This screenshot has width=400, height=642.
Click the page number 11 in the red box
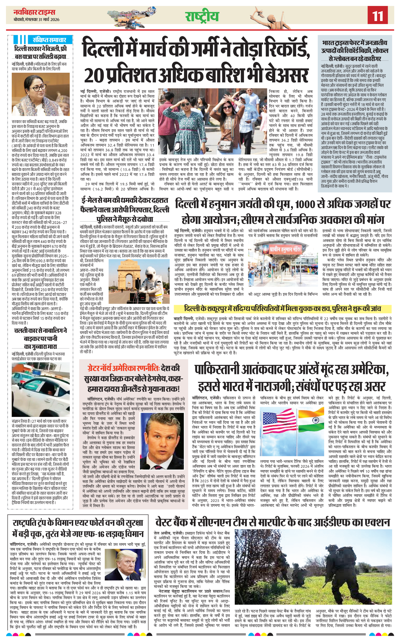[x=378, y=16]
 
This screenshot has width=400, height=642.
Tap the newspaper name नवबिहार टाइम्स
[x=34, y=12]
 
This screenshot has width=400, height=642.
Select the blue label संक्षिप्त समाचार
[x=49, y=40]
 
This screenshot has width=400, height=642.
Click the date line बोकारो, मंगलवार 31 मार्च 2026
[x=37, y=20]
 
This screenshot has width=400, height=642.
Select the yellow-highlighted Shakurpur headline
[x=282, y=309]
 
